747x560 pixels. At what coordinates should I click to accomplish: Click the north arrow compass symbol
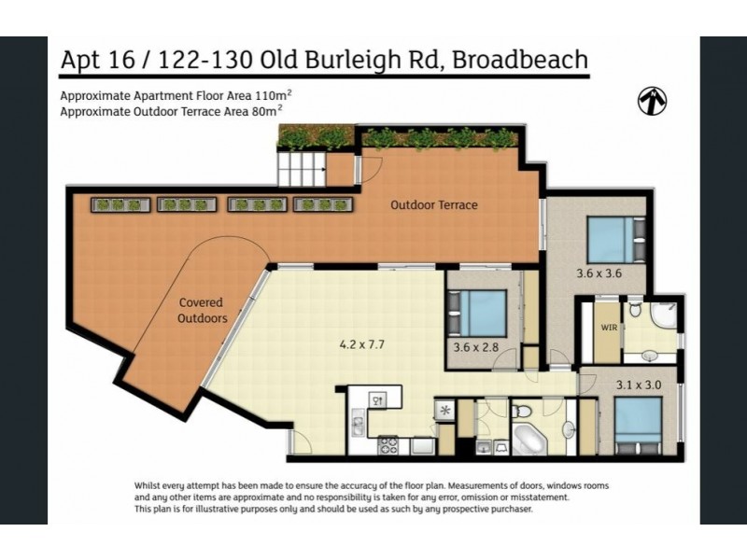pos(651,101)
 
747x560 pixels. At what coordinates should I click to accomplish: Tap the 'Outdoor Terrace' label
pos(433,205)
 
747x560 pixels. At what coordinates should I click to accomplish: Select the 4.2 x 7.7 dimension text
pos(362,344)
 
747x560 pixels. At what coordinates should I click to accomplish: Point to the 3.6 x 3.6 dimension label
pos(598,274)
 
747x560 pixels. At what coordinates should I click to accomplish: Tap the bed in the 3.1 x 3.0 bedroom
pos(639,425)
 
